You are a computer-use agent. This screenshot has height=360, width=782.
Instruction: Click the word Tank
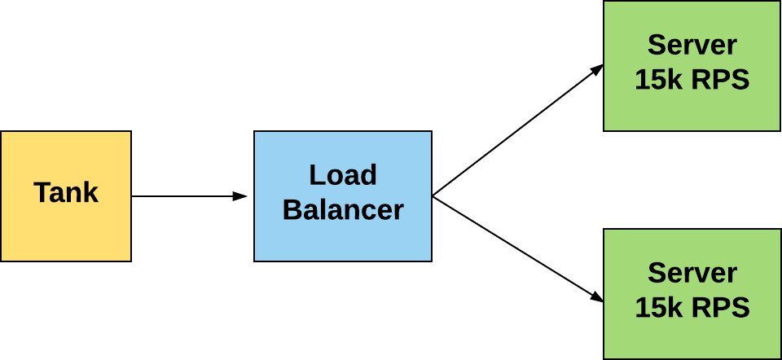(x=66, y=193)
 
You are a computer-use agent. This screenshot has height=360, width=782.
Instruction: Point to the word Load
(x=343, y=175)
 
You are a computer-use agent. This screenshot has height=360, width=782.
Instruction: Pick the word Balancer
(x=343, y=210)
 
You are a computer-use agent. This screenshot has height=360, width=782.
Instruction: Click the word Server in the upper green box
(x=692, y=45)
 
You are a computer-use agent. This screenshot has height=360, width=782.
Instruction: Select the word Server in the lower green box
(x=692, y=273)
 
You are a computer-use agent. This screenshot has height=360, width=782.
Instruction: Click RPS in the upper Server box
(x=720, y=81)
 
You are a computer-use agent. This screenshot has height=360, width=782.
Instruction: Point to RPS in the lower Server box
(x=720, y=309)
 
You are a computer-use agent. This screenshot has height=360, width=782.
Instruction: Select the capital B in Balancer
(x=291, y=210)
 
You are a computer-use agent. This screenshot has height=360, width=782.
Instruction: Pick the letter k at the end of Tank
(x=90, y=193)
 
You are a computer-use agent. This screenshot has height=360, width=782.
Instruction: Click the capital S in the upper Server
(x=656, y=45)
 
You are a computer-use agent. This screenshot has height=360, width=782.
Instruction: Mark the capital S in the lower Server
(x=656, y=273)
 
